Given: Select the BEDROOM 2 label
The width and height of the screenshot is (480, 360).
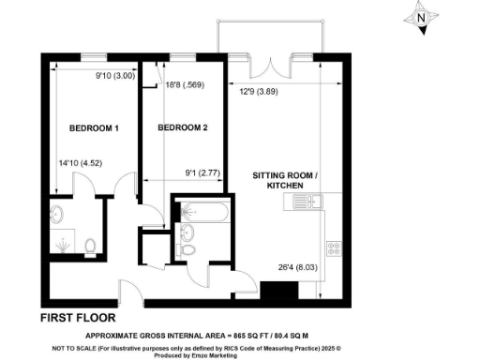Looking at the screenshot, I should (x=182, y=127).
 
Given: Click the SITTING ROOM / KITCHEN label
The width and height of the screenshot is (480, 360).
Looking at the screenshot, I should (x=286, y=181).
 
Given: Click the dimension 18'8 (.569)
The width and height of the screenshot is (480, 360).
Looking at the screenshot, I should (x=186, y=85).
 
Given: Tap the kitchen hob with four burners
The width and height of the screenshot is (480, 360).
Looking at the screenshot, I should (x=333, y=247).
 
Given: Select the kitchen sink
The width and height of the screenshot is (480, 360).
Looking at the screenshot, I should (x=315, y=201).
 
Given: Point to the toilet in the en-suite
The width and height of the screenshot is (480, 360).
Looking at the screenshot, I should (x=90, y=247).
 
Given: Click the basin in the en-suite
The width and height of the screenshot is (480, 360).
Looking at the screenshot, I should (x=55, y=214).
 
